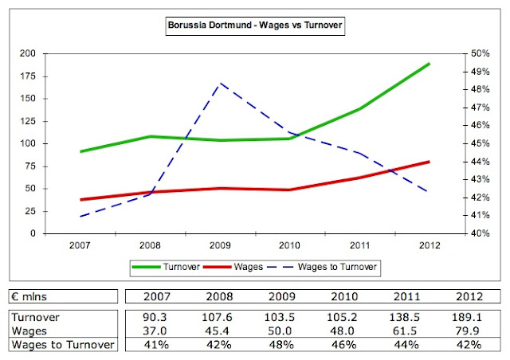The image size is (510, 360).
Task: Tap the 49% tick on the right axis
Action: click(x=482, y=71)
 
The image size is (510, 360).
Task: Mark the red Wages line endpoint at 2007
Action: click(x=82, y=200)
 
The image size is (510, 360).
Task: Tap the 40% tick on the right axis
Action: click(x=482, y=233)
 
